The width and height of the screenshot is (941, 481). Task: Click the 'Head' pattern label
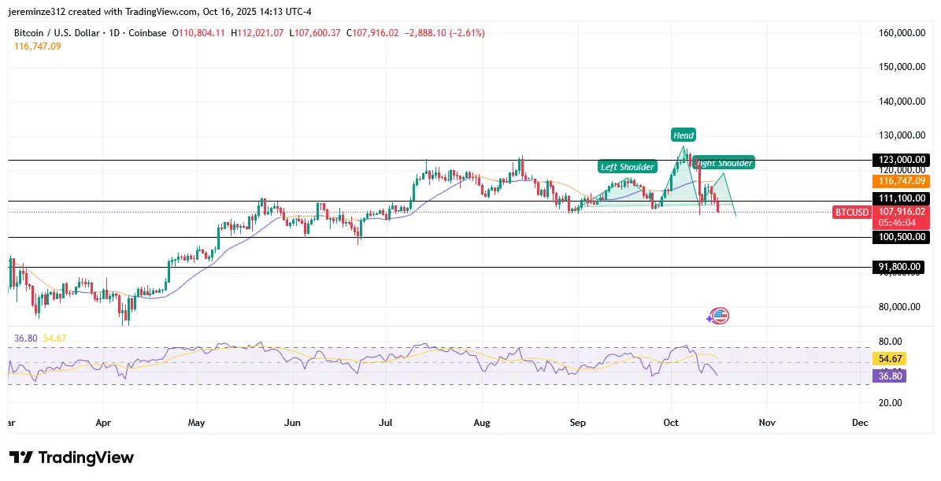pyautogui.click(x=684, y=135)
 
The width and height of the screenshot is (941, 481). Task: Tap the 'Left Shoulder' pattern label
pyautogui.click(x=627, y=167)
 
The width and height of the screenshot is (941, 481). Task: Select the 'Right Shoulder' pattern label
pyautogui.click(x=724, y=163)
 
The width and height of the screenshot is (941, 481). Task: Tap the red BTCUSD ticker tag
pyautogui.click(x=851, y=212)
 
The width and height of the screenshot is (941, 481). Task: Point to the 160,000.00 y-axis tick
pyautogui.click(x=899, y=33)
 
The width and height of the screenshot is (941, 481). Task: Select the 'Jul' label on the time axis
pyautogui.click(x=387, y=423)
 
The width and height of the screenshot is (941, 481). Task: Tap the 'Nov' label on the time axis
pyautogui.click(x=767, y=423)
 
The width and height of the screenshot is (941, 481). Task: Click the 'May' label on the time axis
pyautogui.click(x=196, y=423)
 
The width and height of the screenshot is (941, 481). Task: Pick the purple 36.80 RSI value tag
pyautogui.click(x=889, y=376)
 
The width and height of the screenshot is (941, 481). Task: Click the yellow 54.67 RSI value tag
pyautogui.click(x=889, y=358)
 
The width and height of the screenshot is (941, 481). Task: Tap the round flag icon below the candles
pyautogui.click(x=719, y=316)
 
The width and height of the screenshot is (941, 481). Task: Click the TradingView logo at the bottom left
pyautogui.click(x=72, y=457)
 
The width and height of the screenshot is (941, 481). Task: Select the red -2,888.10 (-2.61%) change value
pyautogui.click(x=445, y=33)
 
